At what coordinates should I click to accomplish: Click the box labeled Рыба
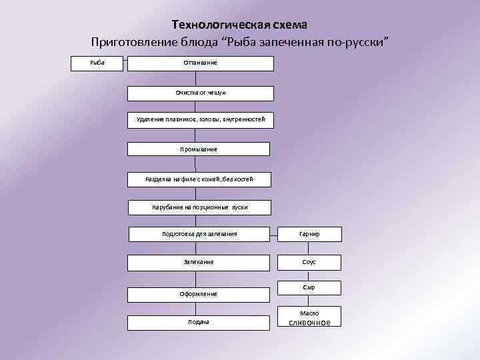(97, 63)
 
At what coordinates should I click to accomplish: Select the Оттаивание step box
(200, 63)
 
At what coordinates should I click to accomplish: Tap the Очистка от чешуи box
(200, 93)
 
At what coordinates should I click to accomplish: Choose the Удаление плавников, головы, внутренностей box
(200, 119)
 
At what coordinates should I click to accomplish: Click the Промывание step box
(199, 149)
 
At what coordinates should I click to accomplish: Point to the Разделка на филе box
(199, 179)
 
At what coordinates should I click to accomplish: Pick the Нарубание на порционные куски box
(199, 207)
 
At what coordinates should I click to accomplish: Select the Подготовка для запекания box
(199, 234)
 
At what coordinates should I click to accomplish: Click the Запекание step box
(199, 262)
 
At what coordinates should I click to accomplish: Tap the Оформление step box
(199, 293)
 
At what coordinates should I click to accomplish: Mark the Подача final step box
(199, 322)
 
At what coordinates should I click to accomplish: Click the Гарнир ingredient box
(309, 234)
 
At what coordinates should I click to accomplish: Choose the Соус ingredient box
(309, 262)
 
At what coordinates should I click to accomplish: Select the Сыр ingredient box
(309, 287)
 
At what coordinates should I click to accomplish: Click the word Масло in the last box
(309, 313)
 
